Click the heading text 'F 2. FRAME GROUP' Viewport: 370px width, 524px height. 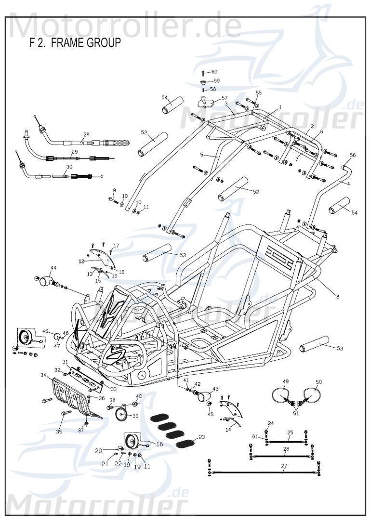(75, 43)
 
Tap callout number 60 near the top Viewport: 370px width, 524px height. (214, 72)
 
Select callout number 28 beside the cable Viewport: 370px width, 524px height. (86, 135)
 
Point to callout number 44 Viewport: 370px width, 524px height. (53, 268)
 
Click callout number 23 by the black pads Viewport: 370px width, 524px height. (201, 437)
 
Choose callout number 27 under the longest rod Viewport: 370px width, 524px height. (284, 466)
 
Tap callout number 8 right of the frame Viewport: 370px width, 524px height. (337, 297)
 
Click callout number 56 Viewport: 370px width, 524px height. (353, 155)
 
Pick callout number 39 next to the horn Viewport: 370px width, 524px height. (135, 416)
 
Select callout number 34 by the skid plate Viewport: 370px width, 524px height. (43, 375)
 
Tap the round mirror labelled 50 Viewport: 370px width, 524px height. (312, 395)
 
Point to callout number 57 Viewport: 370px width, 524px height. (225, 98)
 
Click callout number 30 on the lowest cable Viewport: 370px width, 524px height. (69, 167)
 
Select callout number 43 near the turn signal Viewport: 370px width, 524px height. (215, 389)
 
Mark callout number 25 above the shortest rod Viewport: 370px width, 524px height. (290, 432)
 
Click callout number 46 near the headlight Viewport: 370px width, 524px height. (45, 331)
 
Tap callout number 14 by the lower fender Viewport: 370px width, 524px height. (228, 429)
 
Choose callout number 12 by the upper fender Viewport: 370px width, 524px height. (81, 261)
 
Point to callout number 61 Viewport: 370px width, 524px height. (254, 436)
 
